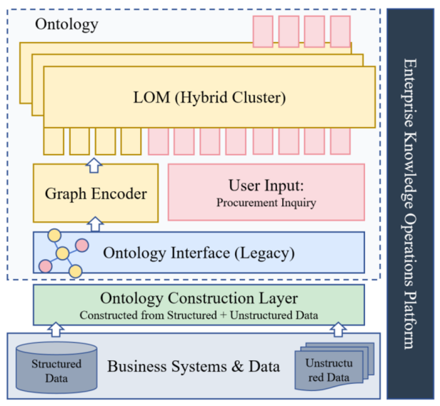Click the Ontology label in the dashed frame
click(66, 24)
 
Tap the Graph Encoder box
click(96, 193)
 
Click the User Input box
click(266, 192)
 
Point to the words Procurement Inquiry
click(266, 203)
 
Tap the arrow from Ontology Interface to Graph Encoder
click(95, 224)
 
